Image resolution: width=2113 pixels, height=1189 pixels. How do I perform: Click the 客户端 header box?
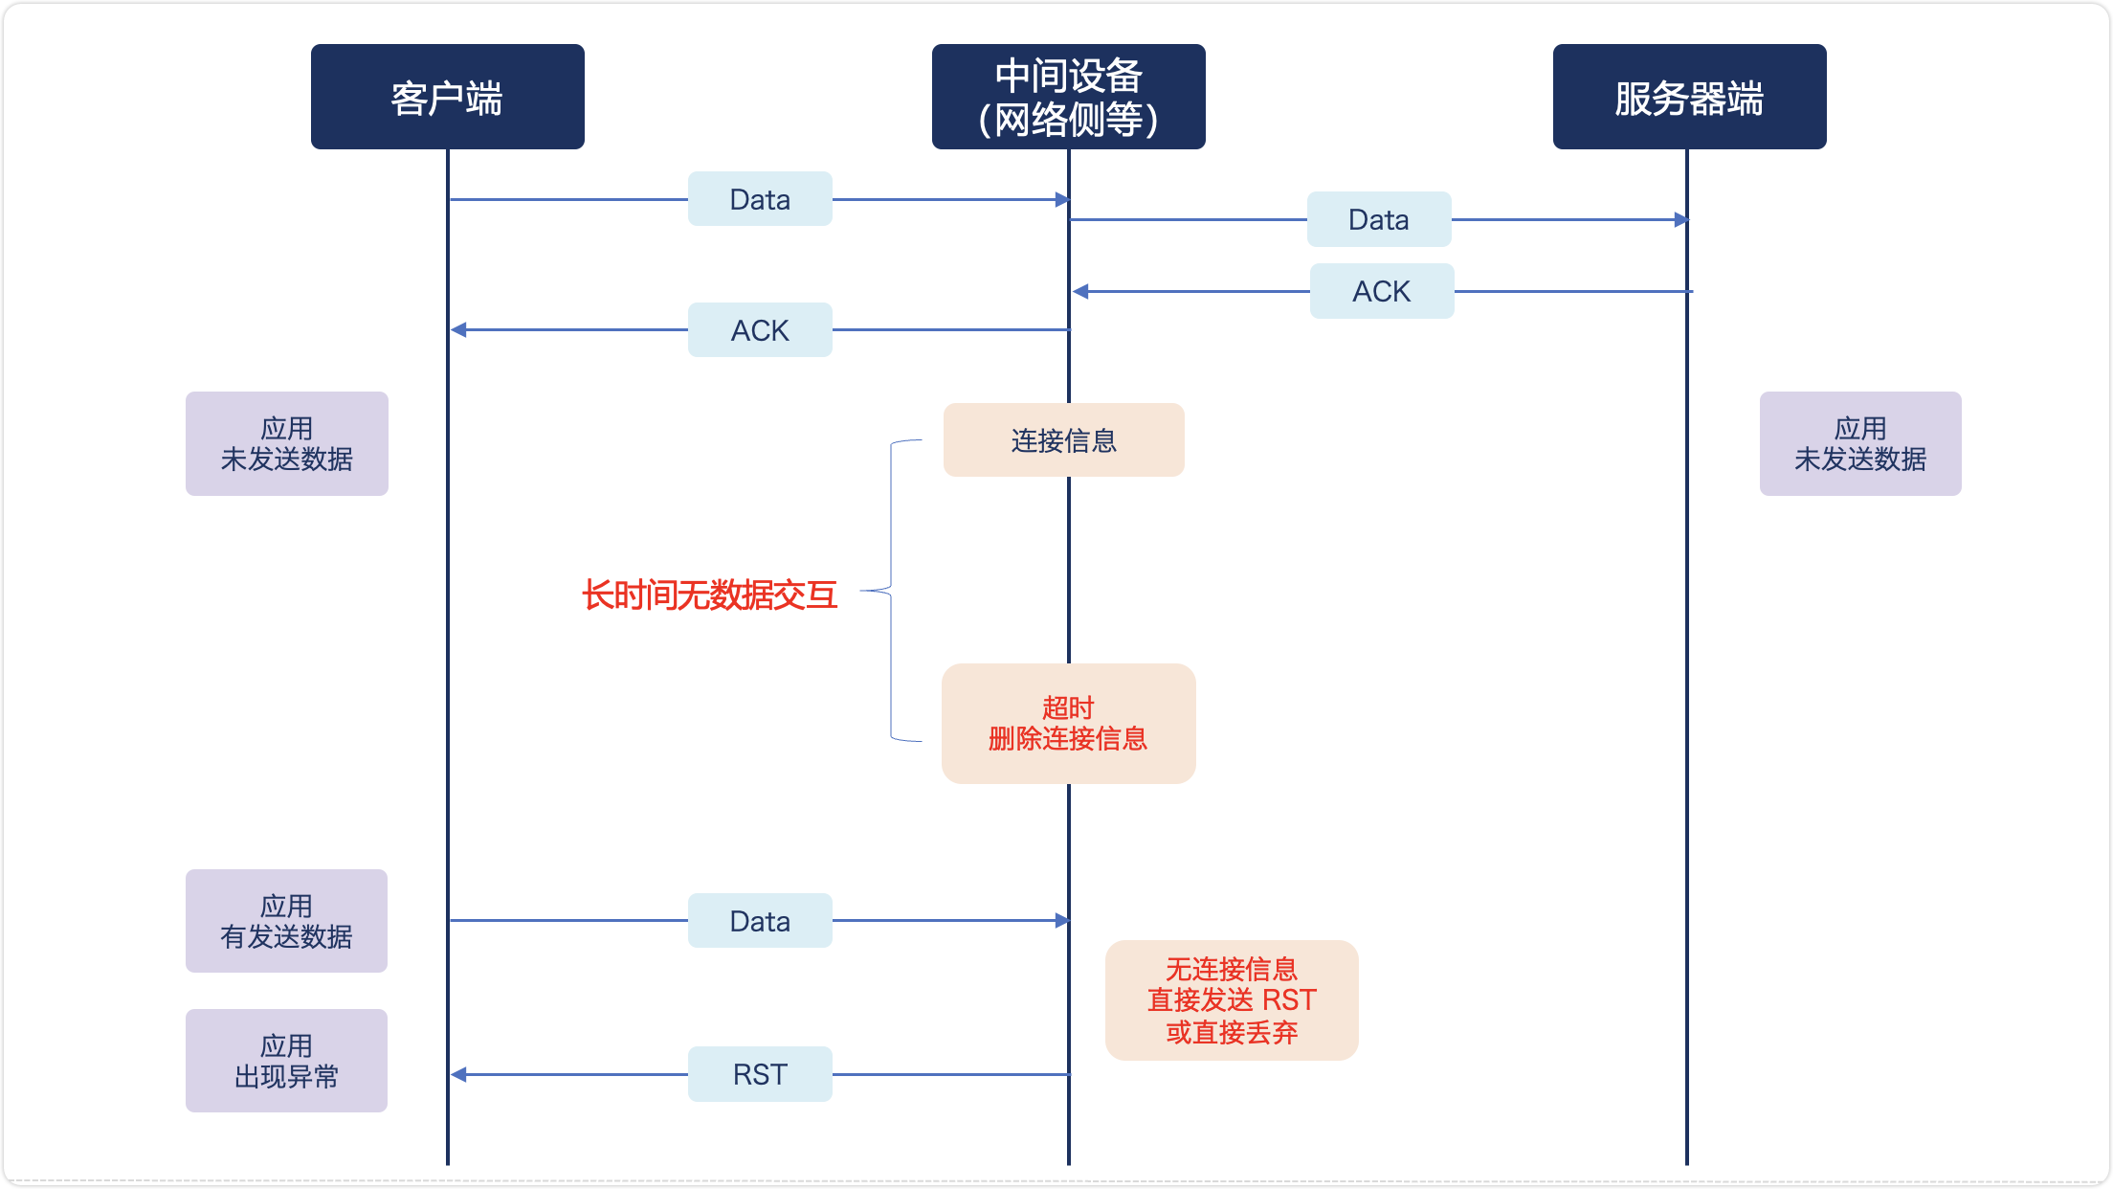coord(447,97)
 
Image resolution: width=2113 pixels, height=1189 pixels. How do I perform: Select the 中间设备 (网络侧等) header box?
coord(1068,97)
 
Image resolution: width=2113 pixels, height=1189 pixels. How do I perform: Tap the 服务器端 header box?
coord(1689,97)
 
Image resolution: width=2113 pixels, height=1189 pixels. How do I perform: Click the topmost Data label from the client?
coord(760,199)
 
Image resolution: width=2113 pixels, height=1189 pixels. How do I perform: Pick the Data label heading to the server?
coord(1379,219)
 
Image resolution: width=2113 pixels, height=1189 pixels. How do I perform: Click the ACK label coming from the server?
coord(1381,291)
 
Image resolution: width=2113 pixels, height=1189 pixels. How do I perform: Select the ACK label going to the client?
coord(760,330)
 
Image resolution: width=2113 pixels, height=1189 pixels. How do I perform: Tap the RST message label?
coord(760,1074)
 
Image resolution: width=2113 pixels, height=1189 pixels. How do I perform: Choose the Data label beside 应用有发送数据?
coord(760,921)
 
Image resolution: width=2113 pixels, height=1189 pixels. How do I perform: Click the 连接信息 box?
coord(1063,440)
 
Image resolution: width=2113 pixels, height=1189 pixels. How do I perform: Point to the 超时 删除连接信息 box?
coord(1068,724)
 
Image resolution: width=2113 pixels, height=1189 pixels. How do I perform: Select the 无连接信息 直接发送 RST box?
coord(1232,1000)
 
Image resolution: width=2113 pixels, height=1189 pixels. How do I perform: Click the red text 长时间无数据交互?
coord(709,595)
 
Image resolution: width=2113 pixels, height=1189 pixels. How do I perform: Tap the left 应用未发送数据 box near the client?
coord(286,443)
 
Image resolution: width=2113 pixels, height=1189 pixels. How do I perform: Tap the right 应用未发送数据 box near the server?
coord(1859,443)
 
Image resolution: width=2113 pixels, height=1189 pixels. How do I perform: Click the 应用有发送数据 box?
coord(286,921)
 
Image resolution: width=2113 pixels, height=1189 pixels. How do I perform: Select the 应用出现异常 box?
coord(286,1061)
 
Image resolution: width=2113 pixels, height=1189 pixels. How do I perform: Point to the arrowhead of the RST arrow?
coord(458,1075)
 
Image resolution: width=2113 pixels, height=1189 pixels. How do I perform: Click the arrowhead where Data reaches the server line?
coord(1681,220)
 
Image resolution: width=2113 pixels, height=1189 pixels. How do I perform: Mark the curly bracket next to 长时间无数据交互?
coord(891,591)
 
